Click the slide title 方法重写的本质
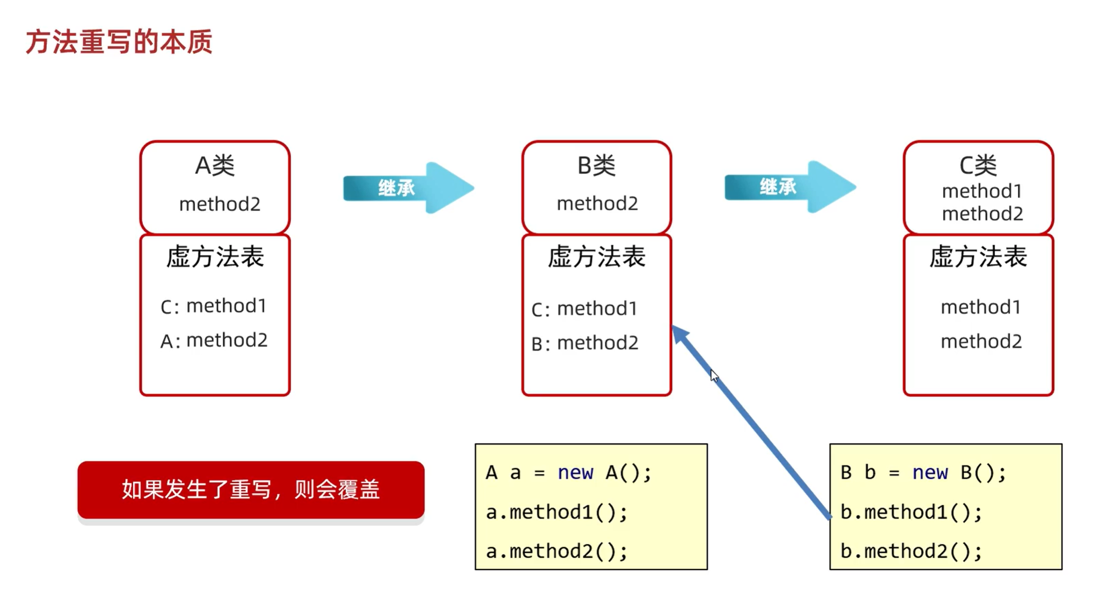[119, 42]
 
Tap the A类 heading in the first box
[215, 166]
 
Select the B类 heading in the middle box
[597, 166]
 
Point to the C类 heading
[978, 166]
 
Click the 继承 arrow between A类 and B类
[408, 188]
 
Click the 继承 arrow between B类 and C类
[789, 187]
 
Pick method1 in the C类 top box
[982, 191]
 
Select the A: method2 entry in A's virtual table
[214, 340]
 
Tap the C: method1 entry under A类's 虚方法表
[214, 306]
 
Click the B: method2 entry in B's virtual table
[585, 343]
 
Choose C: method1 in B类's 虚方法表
[585, 309]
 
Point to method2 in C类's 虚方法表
[981, 341]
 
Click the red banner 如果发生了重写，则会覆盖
[251, 490]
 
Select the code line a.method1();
[557, 512]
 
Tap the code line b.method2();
[911, 551]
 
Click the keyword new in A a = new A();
[575, 472]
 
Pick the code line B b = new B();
[923, 472]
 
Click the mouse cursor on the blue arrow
[713, 375]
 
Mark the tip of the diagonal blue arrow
[674, 328]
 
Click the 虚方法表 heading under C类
[978, 257]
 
